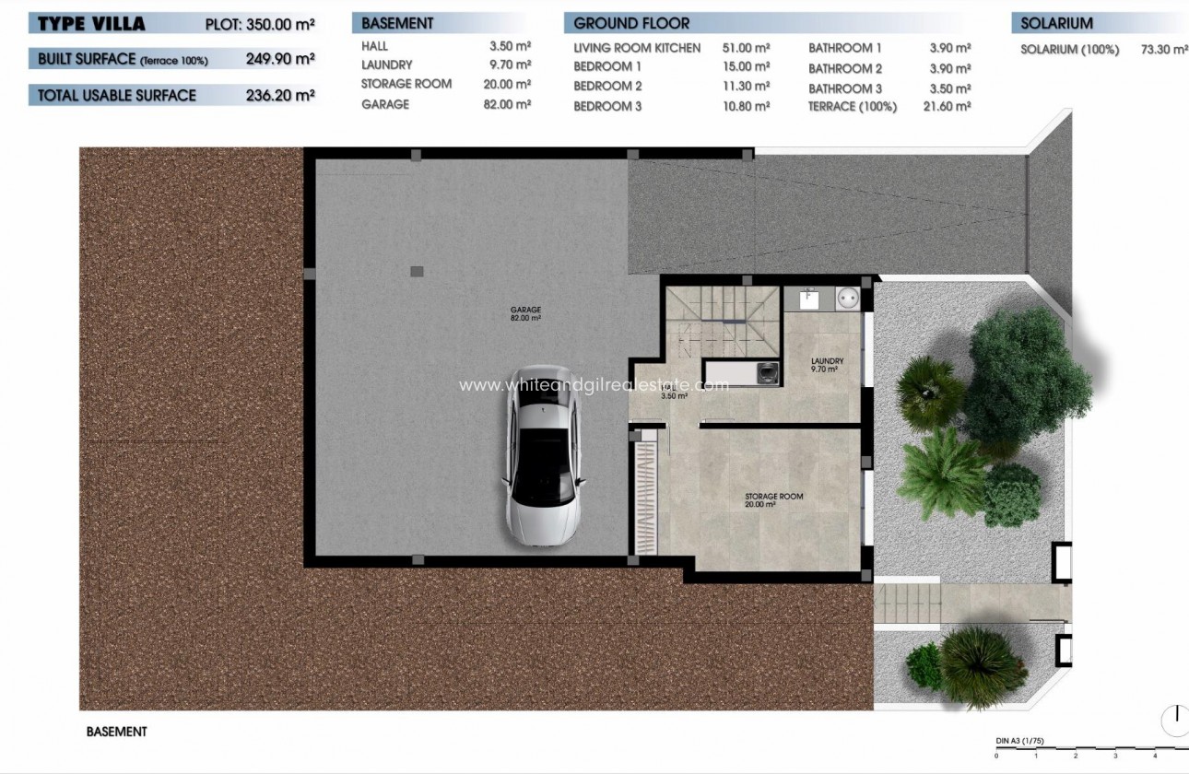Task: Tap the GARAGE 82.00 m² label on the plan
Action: click(x=526, y=313)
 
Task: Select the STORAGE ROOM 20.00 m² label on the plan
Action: click(x=773, y=500)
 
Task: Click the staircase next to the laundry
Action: click(x=723, y=323)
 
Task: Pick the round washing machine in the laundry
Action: click(x=846, y=299)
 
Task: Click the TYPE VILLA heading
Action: click(x=91, y=24)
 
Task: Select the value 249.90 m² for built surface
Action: click(x=280, y=59)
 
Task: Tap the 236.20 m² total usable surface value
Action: click(x=280, y=95)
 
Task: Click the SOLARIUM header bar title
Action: click(x=1056, y=23)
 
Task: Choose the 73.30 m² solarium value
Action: click(x=1164, y=50)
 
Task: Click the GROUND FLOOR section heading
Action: click(x=631, y=23)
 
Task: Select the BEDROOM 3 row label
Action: click(x=607, y=107)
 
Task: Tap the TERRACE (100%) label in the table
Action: click(x=853, y=107)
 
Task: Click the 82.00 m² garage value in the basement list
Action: click(x=510, y=105)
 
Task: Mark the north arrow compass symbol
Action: click(x=1174, y=719)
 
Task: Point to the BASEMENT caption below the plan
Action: click(x=116, y=732)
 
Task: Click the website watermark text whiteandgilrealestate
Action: click(x=594, y=385)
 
